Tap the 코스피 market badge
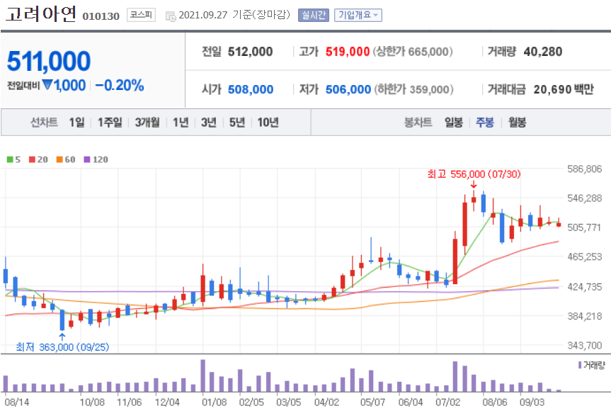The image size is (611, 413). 141,14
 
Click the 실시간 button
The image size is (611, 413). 313,15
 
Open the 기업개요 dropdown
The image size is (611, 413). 358,15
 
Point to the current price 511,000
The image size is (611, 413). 49,62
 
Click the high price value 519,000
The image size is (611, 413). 348,52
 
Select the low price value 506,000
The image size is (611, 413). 348,89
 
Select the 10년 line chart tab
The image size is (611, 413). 268,122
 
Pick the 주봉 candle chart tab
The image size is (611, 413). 485,122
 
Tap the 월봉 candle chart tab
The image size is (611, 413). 517,122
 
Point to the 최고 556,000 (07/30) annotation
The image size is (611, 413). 467,174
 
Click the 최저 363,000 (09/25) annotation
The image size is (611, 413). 62,346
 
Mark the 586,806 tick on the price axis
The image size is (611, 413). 584,169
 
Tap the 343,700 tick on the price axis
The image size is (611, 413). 584,345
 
